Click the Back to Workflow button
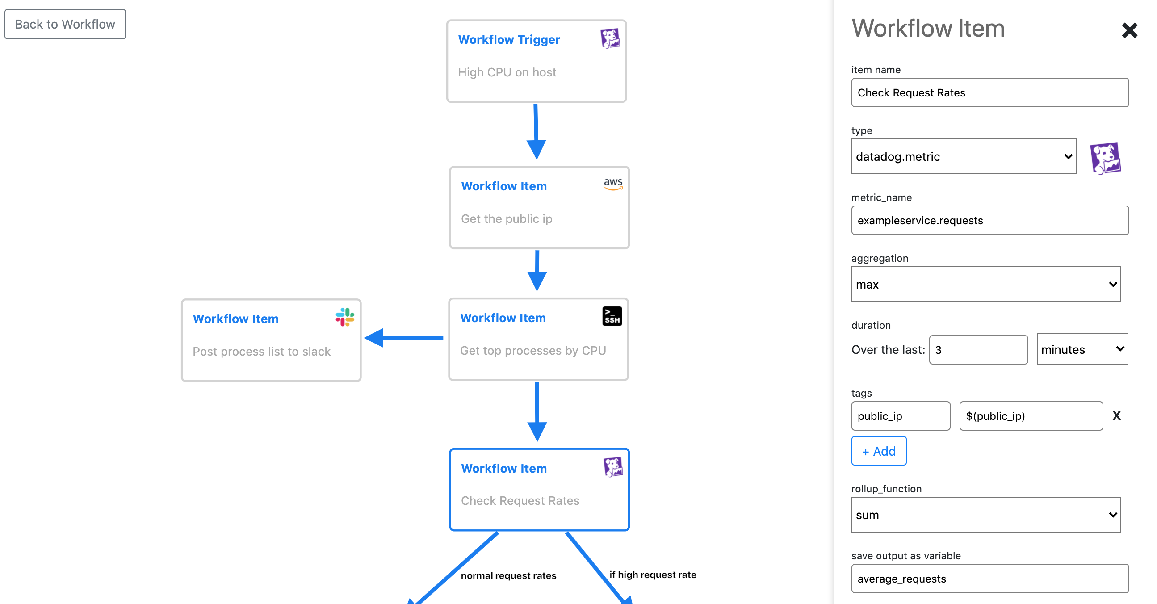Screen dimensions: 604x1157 [65, 24]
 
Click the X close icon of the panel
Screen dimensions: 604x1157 [1129, 30]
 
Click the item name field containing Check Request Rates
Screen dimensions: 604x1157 [989, 92]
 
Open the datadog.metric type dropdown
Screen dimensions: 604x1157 [963, 157]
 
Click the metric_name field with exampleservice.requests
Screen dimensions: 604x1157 [989, 221]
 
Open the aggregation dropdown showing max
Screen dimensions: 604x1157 [985, 284]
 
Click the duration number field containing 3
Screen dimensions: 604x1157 [978, 350]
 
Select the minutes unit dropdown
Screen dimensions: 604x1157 [1082, 349]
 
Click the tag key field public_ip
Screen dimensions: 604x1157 [900, 416]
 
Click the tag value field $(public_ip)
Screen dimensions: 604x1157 [1030, 416]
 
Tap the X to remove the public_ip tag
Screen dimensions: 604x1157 [1116, 416]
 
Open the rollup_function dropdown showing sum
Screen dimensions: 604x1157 [985, 515]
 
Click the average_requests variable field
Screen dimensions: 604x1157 [989, 579]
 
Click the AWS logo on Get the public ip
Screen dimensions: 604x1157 [612, 184]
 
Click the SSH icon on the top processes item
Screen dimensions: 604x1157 [612, 316]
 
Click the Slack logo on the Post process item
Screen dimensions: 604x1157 [344, 317]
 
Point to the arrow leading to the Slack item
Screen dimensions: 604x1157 [404, 338]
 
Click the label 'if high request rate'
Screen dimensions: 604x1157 [652, 575]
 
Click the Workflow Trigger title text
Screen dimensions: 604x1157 [509, 39]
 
